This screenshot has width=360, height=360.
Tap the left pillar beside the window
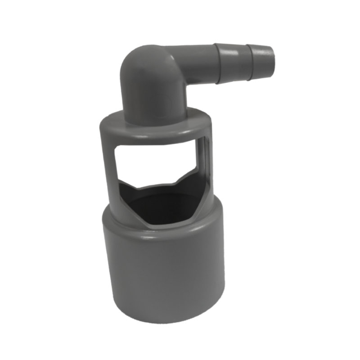(107, 171)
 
